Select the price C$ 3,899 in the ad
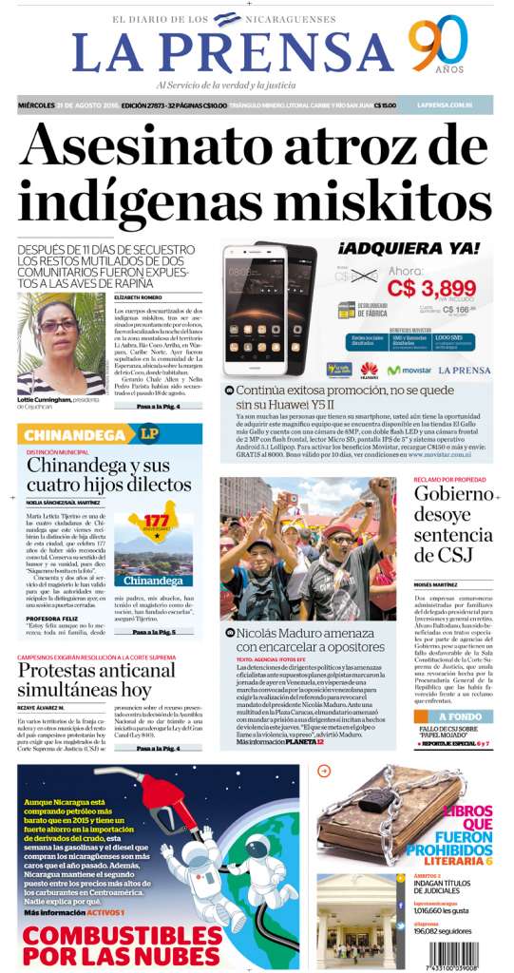pyautogui.click(x=431, y=288)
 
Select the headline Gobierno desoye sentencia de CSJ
pyautogui.click(x=453, y=526)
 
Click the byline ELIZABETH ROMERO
pyautogui.click(x=134, y=296)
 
